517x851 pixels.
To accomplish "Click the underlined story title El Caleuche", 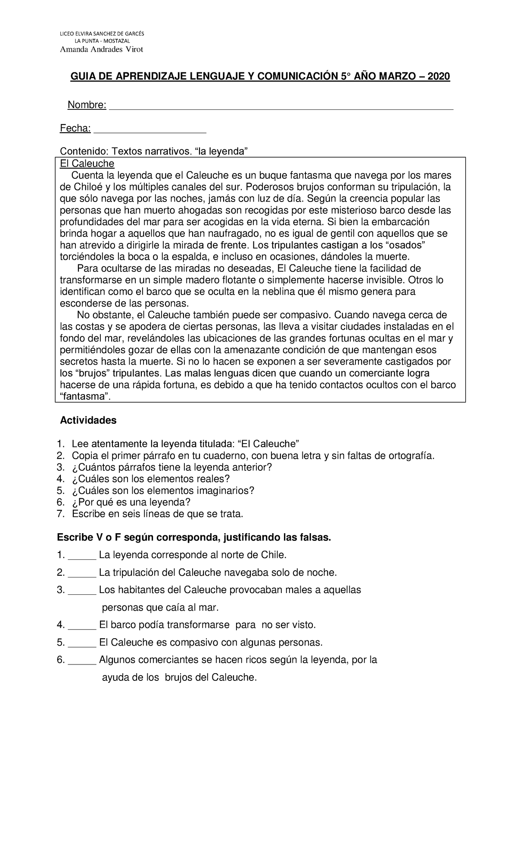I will pos(87,164).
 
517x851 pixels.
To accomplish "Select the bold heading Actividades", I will pos(88,420).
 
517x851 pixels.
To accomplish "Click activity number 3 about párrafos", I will pos(172,467).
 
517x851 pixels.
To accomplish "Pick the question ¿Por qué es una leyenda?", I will pos(131,502).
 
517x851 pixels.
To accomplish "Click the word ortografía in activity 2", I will pos(411,456).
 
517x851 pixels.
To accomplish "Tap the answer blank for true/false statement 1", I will pos(82,555).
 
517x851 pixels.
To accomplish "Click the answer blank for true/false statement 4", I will pos(82,625).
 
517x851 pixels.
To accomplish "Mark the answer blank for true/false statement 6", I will pos(82,660).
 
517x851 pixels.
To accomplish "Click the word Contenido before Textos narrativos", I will pos(84,151).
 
